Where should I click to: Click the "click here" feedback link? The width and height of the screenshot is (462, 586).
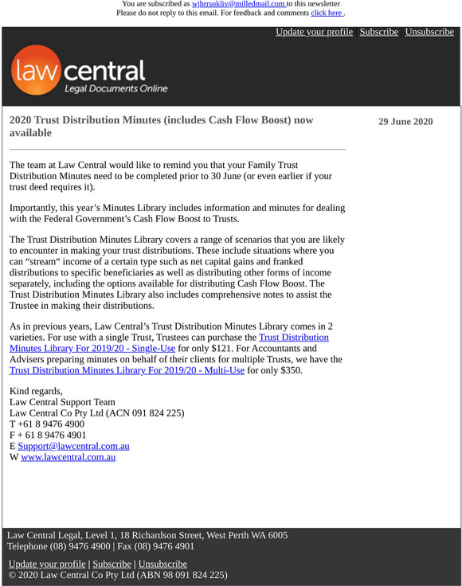327,13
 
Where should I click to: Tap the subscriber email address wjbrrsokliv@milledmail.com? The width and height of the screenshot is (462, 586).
238,4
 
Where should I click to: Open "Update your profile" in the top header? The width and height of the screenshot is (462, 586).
314,32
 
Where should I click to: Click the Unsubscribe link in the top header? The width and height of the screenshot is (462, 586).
429,32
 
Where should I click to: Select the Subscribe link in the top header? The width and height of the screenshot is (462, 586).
378,32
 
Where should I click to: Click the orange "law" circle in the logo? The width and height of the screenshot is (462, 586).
36,71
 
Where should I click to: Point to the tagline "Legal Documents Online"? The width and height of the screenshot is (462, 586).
115,89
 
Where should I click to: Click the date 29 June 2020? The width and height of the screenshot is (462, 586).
405,122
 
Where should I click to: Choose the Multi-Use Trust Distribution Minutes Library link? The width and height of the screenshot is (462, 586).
127,370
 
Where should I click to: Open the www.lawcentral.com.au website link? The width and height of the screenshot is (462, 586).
69,457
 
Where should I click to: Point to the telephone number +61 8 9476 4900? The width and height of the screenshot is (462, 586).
50,424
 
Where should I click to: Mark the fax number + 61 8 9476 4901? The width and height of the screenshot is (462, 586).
51,436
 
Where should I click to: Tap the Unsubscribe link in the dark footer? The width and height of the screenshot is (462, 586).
162,564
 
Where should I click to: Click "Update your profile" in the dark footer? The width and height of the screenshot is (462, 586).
46,564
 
